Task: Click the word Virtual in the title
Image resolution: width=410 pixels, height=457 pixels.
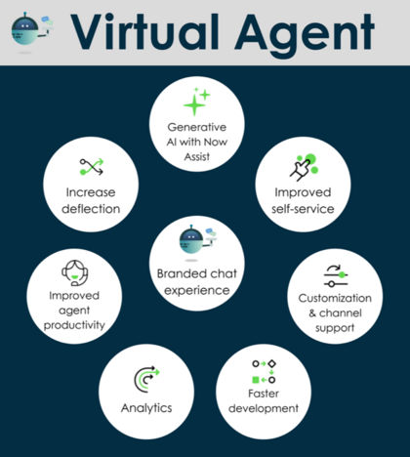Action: pos(144,32)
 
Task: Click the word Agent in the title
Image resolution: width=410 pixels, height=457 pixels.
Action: pos(305,35)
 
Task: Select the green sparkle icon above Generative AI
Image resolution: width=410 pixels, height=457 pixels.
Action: pos(197,102)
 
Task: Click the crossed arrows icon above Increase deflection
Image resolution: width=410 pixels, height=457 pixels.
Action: pos(92,167)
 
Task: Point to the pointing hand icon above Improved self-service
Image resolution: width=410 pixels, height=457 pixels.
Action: pos(304,167)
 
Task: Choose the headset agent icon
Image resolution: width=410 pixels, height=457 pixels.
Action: pos(75,272)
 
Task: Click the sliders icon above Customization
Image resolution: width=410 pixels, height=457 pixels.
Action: pos(336,275)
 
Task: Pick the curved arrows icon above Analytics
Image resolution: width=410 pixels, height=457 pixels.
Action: pos(146,379)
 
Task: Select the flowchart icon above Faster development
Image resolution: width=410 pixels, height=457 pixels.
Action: pos(264,371)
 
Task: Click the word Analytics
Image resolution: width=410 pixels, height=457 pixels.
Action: pos(146,408)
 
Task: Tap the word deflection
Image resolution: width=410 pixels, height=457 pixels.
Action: pos(91,209)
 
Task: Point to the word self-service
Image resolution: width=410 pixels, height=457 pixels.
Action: pos(303,209)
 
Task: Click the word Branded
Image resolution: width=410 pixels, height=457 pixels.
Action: pos(179,273)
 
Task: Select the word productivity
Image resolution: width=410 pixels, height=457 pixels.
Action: pos(74,325)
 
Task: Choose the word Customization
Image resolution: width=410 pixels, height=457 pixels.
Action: pos(335,298)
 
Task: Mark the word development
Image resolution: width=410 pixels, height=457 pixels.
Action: pos(264,408)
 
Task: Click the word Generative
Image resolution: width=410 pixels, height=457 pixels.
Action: pos(197,127)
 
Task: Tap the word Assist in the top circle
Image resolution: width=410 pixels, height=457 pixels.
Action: pos(197,156)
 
